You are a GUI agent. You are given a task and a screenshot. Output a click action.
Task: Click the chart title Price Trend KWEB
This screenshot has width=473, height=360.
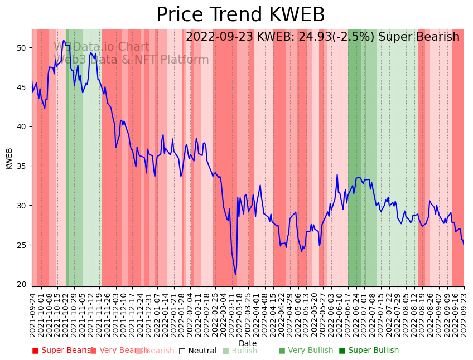click(240, 15)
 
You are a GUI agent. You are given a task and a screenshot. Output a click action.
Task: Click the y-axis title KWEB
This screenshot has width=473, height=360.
click(9, 158)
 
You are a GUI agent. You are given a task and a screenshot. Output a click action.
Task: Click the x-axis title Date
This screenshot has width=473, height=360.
click(248, 343)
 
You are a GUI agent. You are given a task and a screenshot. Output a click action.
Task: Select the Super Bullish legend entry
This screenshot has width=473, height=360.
click(369, 351)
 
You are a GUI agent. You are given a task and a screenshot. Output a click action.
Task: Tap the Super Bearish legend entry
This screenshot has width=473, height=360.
click(62, 351)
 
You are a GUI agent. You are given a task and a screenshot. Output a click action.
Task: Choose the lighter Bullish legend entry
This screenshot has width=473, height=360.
click(240, 351)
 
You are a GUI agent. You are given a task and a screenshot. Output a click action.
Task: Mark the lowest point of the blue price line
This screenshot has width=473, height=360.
click(235, 274)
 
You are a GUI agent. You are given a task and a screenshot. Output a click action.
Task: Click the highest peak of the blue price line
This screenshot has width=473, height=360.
click(64, 40)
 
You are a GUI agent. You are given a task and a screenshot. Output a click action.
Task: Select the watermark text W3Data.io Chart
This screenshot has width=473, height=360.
click(102, 47)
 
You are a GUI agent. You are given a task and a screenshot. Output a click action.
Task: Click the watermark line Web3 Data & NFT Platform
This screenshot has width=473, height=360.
click(131, 60)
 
